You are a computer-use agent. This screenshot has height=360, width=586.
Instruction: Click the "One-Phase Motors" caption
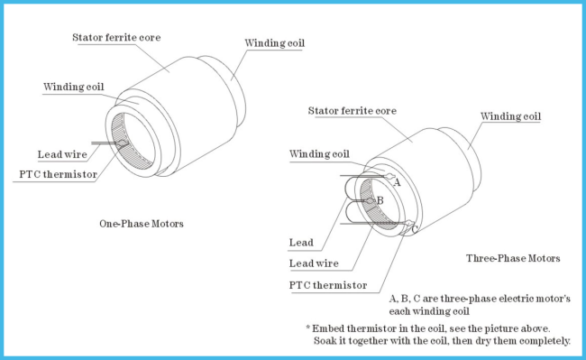point(142,224)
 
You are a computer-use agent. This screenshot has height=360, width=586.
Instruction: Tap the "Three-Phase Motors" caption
point(513,258)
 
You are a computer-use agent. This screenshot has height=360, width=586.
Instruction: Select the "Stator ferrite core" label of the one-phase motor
point(116,37)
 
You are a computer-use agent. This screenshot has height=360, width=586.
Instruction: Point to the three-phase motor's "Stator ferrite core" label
point(352,111)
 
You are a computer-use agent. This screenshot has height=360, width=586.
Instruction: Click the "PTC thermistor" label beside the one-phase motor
point(58,174)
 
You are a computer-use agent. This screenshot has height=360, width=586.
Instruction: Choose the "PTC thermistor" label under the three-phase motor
point(328,285)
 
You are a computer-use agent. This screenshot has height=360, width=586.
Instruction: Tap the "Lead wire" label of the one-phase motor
point(62,154)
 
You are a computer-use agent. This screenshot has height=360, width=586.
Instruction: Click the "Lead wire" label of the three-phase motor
point(314,263)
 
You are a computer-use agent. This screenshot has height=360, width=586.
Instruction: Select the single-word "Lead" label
point(301,243)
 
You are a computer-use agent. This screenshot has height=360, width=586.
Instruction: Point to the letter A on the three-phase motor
point(397,182)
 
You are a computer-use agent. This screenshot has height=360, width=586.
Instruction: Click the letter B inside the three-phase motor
point(380,200)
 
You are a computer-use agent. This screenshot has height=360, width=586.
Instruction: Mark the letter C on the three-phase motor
point(414,229)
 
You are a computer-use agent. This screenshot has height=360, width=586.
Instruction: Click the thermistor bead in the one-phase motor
point(123,143)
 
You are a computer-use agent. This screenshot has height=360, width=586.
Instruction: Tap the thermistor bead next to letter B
point(370,200)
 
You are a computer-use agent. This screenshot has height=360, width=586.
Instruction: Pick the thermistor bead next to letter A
point(389,176)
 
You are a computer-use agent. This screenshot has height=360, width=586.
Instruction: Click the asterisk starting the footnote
point(308,328)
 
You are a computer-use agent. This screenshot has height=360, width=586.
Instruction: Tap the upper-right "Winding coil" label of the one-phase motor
point(274,43)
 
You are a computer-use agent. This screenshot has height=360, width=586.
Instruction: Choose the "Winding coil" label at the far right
point(510,116)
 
